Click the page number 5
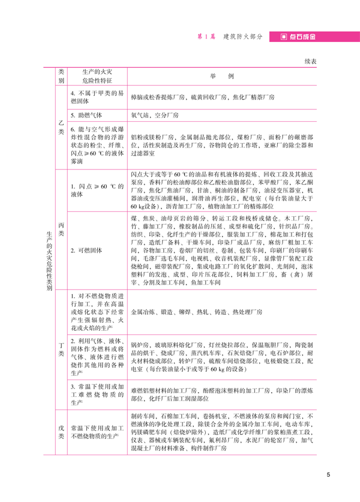click(x=328, y=476)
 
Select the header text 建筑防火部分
click(x=242, y=37)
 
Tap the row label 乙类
click(x=61, y=127)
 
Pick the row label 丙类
click(x=61, y=230)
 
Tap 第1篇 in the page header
click(x=206, y=37)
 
